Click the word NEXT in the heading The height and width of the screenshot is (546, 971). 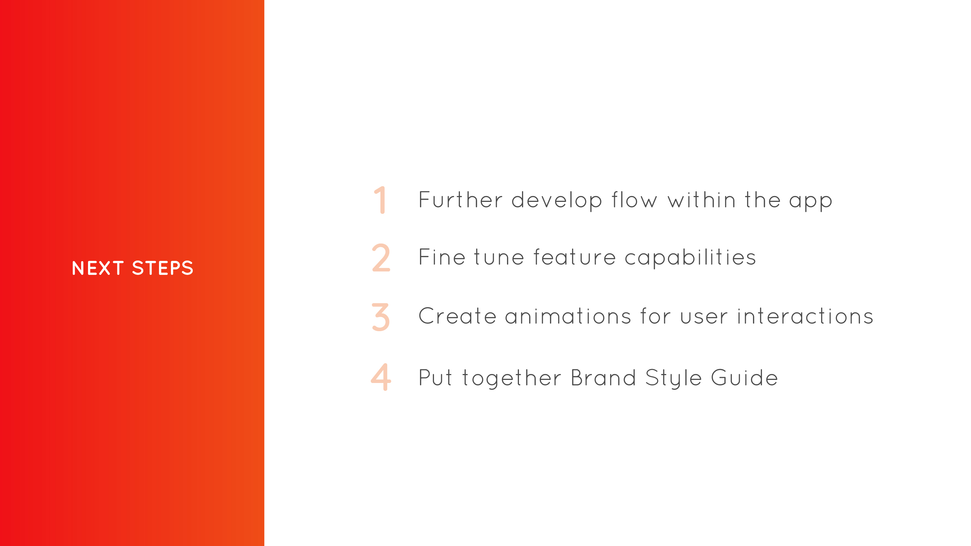tap(98, 268)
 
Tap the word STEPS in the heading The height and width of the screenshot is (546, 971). tap(162, 268)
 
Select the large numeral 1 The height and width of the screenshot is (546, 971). tap(380, 200)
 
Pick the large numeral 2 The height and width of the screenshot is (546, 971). tap(381, 257)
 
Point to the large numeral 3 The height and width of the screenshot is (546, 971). tap(381, 317)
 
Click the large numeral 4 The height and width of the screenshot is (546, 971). tap(381, 377)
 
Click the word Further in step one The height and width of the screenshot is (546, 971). tap(461, 200)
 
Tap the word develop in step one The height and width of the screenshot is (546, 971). tap(557, 201)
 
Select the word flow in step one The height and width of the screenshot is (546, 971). tap(634, 200)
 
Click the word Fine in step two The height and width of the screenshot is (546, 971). tap(442, 257)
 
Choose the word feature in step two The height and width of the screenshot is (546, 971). tap(575, 257)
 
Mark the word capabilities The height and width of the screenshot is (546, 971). tap(690, 259)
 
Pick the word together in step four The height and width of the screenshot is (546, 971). tap(512, 378)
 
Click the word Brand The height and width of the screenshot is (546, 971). tap(604, 378)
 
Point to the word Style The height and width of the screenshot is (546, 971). tap(673, 378)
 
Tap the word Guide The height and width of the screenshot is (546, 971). tap(744, 378)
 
